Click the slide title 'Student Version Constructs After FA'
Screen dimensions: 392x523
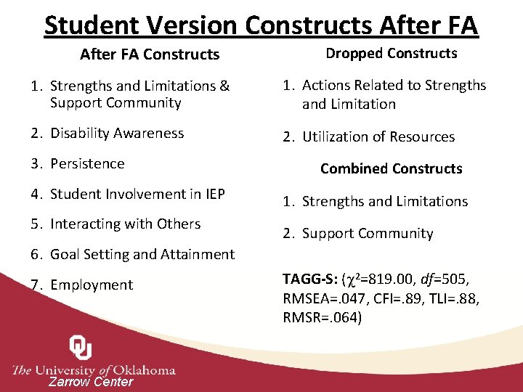click(261, 25)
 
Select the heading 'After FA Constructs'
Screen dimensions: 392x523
click(149, 54)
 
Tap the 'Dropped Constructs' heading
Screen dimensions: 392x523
click(391, 54)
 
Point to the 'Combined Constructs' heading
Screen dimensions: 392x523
click(391, 169)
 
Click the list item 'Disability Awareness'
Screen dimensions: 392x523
click(116, 134)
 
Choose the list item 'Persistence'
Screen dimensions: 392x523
click(87, 164)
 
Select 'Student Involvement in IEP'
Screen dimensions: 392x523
click(137, 194)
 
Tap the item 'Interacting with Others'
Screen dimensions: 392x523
click(125, 224)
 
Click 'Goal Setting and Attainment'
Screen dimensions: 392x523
click(142, 255)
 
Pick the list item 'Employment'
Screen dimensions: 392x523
click(92, 285)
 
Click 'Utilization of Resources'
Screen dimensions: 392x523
click(378, 137)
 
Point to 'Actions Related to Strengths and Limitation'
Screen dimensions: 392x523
click(393, 94)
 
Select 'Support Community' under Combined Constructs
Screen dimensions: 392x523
click(367, 234)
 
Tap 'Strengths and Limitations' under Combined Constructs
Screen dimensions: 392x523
click(384, 202)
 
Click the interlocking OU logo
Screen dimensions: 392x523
click(80, 347)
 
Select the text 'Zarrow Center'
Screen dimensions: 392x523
click(91, 382)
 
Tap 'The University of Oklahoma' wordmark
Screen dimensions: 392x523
click(94, 369)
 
